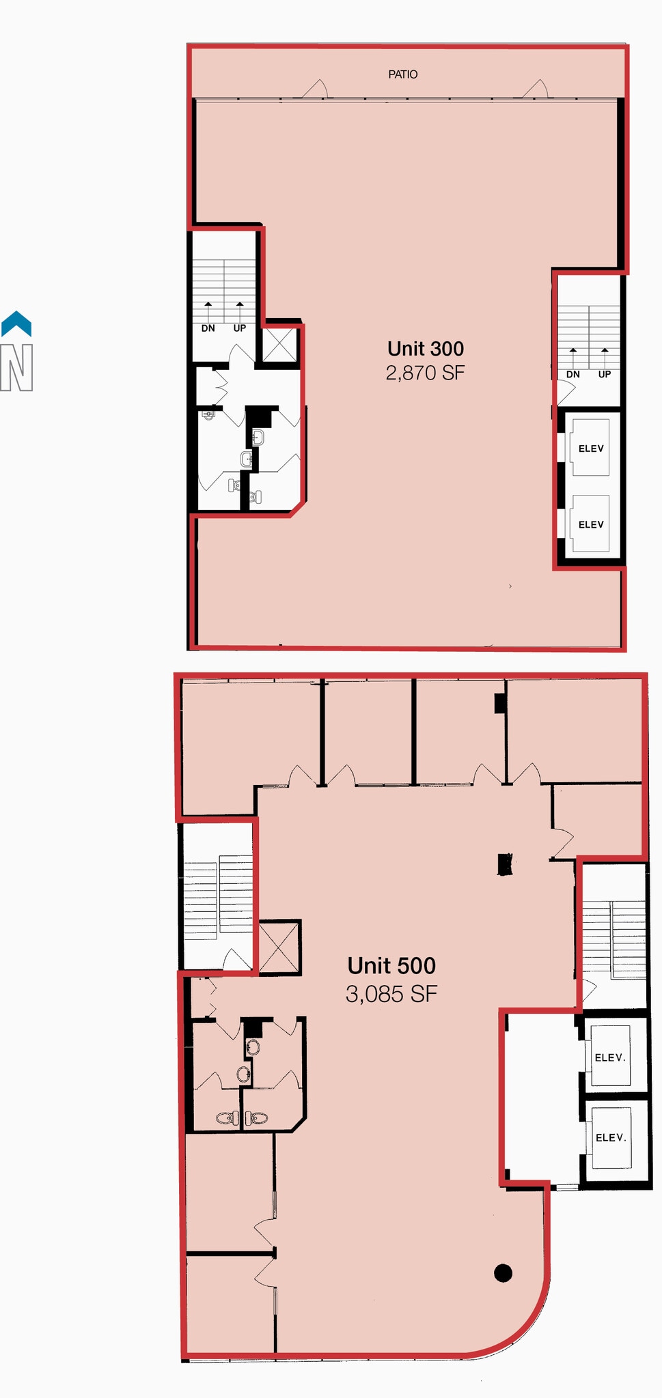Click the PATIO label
coord(402,74)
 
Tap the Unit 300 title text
coord(425,349)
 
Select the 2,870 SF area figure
coord(425,373)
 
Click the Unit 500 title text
coord(391,966)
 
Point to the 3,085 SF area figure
coord(391,994)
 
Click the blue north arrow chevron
coord(16,324)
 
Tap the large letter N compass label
coord(16,368)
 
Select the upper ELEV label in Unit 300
coord(591,448)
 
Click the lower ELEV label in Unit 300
coord(591,524)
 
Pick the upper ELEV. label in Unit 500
coord(610,1057)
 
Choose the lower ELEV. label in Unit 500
coord(611,1137)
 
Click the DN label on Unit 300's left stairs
coord(208,328)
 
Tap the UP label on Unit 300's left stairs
coord(239,328)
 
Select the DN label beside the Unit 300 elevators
coord(573,375)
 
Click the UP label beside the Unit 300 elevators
coord(604,375)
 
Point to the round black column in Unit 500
coord(503,1272)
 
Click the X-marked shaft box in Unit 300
coord(280,344)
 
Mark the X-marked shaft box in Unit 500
coord(279,947)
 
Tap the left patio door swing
coord(316,90)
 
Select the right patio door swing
coord(536,90)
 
